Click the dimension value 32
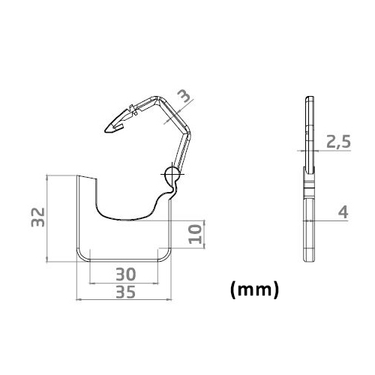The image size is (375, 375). click(x=38, y=217)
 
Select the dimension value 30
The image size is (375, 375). click(x=126, y=274)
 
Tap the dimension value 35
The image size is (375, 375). click(x=126, y=292)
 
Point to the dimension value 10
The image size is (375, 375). click(x=195, y=234)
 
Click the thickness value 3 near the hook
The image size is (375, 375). click(x=185, y=96)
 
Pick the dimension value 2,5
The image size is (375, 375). click(x=338, y=142)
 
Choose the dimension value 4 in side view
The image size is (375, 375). click(x=343, y=212)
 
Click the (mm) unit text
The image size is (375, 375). click(x=254, y=289)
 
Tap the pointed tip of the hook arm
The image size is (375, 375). click(x=105, y=130)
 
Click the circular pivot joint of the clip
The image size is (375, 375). click(x=171, y=173)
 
